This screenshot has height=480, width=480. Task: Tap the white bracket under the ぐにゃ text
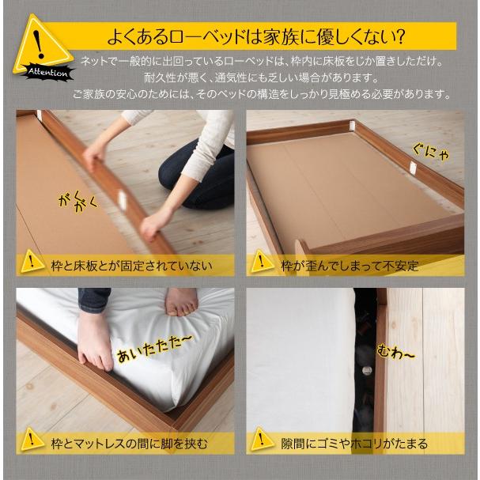[x=413, y=167]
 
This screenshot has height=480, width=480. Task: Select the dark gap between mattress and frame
[x=365, y=348]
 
